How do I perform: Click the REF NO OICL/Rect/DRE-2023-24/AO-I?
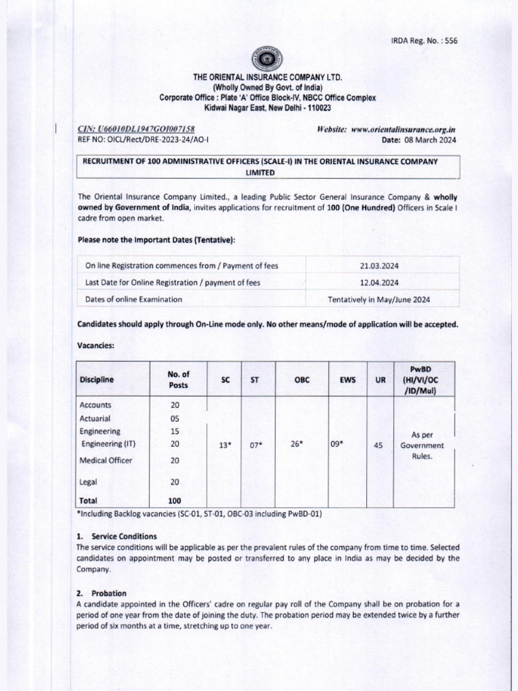[148, 140]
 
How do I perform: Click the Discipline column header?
[96, 379]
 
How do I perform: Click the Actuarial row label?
[96, 418]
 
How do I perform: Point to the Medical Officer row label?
[106, 460]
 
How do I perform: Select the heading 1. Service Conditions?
[117, 536]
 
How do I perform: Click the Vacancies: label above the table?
[96, 345]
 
